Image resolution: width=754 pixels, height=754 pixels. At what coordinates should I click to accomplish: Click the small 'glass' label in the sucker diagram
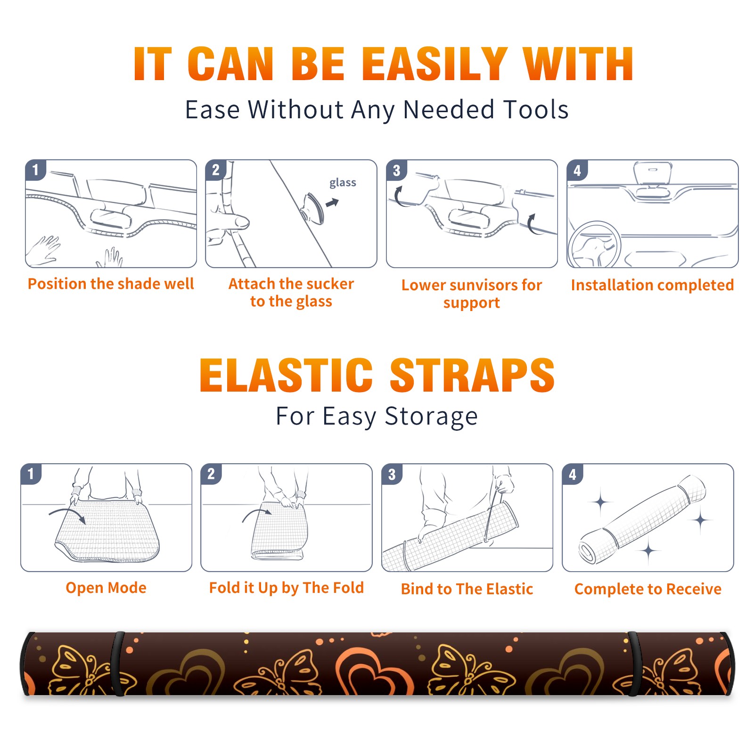pyautogui.click(x=343, y=183)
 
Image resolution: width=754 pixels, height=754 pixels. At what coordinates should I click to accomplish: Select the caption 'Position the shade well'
pyautogui.click(x=111, y=284)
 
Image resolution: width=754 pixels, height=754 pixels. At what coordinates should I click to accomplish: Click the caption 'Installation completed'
pyautogui.click(x=652, y=285)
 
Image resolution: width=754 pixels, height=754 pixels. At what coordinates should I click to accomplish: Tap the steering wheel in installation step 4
pyautogui.click(x=594, y=245)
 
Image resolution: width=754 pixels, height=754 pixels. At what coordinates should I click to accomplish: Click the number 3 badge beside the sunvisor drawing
pyautogui.click(x=396, y=170)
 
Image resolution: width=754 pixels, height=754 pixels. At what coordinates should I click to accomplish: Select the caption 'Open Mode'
pyautogui.click(x=106, y=588)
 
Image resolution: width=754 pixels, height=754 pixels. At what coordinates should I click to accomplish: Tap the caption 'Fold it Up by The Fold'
pyautogui.click(x=287, y=588)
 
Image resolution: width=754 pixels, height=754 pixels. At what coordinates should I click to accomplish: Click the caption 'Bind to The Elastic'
pyautogui.click(x=467, y=589)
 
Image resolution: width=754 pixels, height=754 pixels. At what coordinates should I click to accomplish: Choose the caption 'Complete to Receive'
pyautogui.click(x=648, y=589)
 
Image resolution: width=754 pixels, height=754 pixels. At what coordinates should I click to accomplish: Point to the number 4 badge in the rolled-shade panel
pyautogui.click(x=572, y=474)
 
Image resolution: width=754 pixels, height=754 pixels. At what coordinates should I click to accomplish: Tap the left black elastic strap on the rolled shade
pyautogui.click(x=117, y=664)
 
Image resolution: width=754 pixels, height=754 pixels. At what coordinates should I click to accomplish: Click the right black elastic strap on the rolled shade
pyautogui.click(x=632, y=664)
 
